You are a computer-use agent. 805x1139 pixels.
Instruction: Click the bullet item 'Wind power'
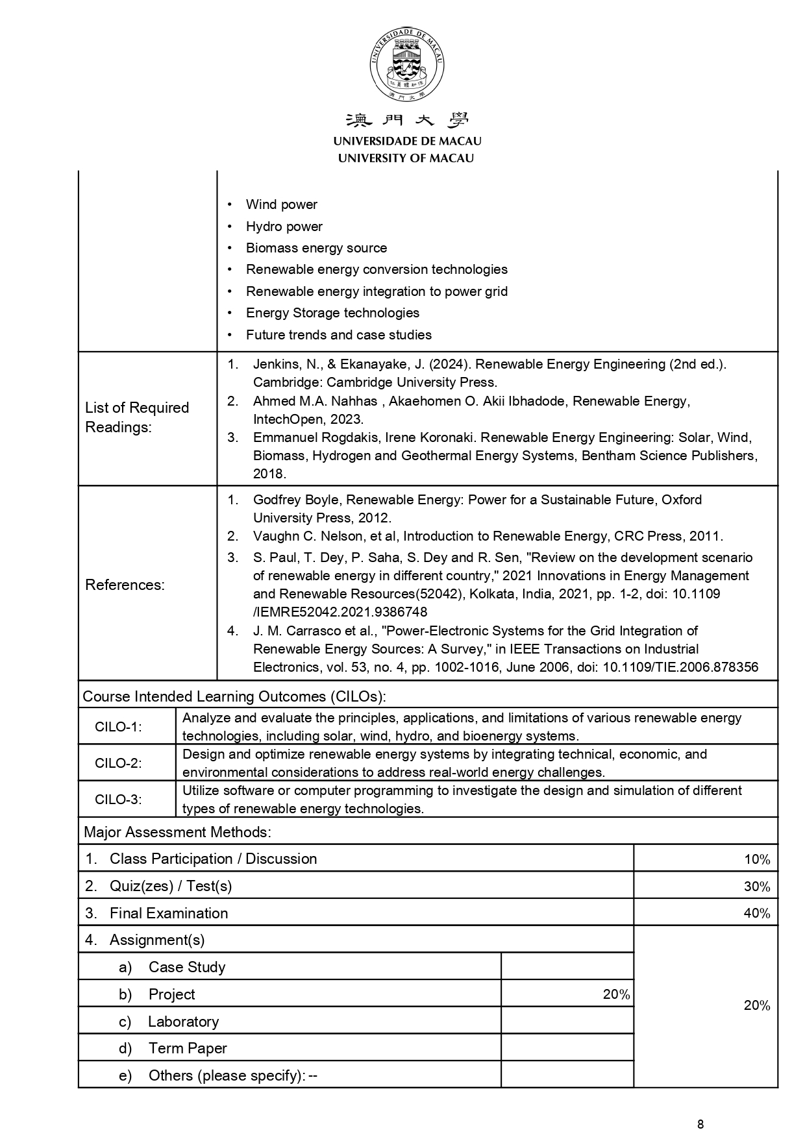point(281,204)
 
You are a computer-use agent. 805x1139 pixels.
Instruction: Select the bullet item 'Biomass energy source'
point(316,248)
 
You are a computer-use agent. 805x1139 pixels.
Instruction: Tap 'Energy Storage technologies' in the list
point(332,313)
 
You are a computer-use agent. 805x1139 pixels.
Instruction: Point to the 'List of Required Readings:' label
point(137,417)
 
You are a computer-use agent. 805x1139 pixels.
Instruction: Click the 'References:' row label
point(125,585)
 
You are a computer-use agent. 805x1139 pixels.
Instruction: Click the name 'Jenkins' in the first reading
point(275,364)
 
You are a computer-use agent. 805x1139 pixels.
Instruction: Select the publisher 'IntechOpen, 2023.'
point(308,419)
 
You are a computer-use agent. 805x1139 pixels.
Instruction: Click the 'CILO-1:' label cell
point(118,727)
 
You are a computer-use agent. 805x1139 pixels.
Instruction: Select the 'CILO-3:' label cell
point(118,800)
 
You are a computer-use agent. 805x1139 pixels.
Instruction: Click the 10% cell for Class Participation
point(756,859)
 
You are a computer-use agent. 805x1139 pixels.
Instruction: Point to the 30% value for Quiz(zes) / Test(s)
point(756,887)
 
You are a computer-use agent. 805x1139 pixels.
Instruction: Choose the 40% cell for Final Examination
point(756,914)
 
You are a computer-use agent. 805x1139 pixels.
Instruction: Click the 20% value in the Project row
point(616,994)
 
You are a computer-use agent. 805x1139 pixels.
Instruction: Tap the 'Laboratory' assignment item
point(183,1022)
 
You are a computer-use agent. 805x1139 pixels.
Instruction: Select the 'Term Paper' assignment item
point(188,1048)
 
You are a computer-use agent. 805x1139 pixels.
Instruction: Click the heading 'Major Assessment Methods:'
point(177,832)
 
